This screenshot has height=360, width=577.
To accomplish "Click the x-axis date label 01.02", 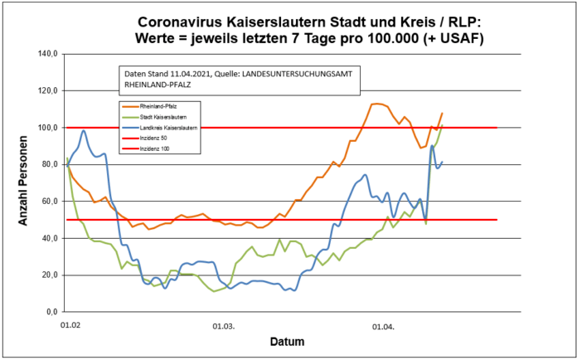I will [x=70, y=328].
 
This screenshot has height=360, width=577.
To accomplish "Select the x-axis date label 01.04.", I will [x=382, y=328].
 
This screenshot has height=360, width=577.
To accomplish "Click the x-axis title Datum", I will [x=286, y=342].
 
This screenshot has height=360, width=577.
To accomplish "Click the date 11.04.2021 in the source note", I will [x=183, y=75].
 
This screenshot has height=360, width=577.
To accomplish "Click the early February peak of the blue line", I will [x=84, y=131].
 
